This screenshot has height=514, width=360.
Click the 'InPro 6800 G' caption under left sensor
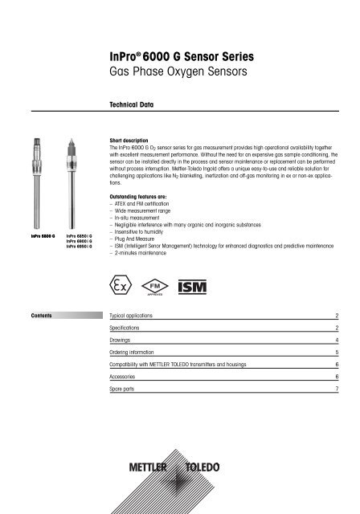pos(36,236)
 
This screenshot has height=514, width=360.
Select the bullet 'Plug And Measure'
pos(139,239)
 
